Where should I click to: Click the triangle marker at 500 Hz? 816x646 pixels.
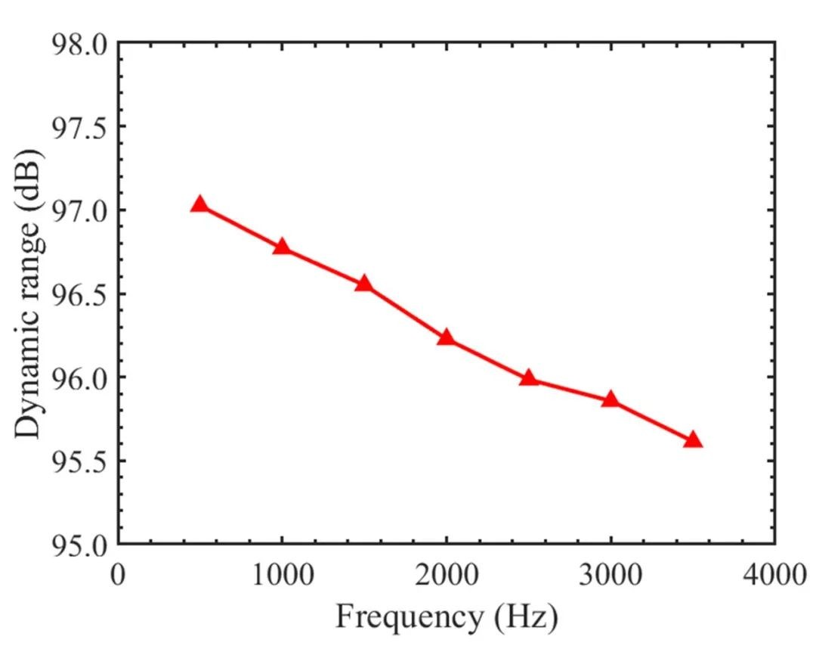(199, 205)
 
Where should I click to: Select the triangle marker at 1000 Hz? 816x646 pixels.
(282, 247)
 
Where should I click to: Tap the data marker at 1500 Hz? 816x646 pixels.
(363, 284)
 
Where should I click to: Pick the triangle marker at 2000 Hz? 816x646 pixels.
(446, 337)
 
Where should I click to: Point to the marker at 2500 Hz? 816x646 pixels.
(528, 377)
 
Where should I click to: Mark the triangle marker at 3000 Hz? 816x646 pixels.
(610, 399)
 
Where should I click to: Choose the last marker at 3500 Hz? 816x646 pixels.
(693, 439)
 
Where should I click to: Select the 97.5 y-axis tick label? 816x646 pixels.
(79, 127)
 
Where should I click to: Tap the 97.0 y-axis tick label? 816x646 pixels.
(79, 211)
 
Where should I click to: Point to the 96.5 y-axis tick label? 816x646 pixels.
(79, 294)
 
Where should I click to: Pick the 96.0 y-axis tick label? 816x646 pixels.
(79, 377)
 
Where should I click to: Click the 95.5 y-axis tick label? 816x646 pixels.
(79, 461)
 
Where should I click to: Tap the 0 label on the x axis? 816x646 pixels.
(118, 575)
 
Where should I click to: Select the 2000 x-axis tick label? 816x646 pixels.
(446, 575)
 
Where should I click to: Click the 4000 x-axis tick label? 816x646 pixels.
(775, 575)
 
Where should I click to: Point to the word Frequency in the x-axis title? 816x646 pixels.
(409, 618)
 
